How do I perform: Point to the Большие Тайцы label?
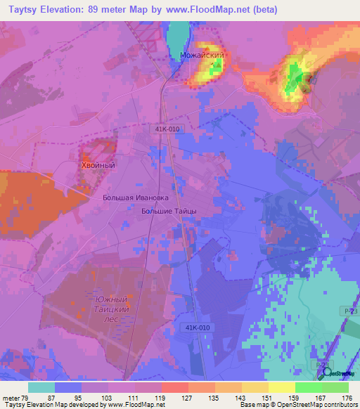169,210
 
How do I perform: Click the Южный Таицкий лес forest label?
111,306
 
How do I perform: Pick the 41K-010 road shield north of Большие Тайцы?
163,129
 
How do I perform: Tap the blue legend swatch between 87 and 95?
67,387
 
